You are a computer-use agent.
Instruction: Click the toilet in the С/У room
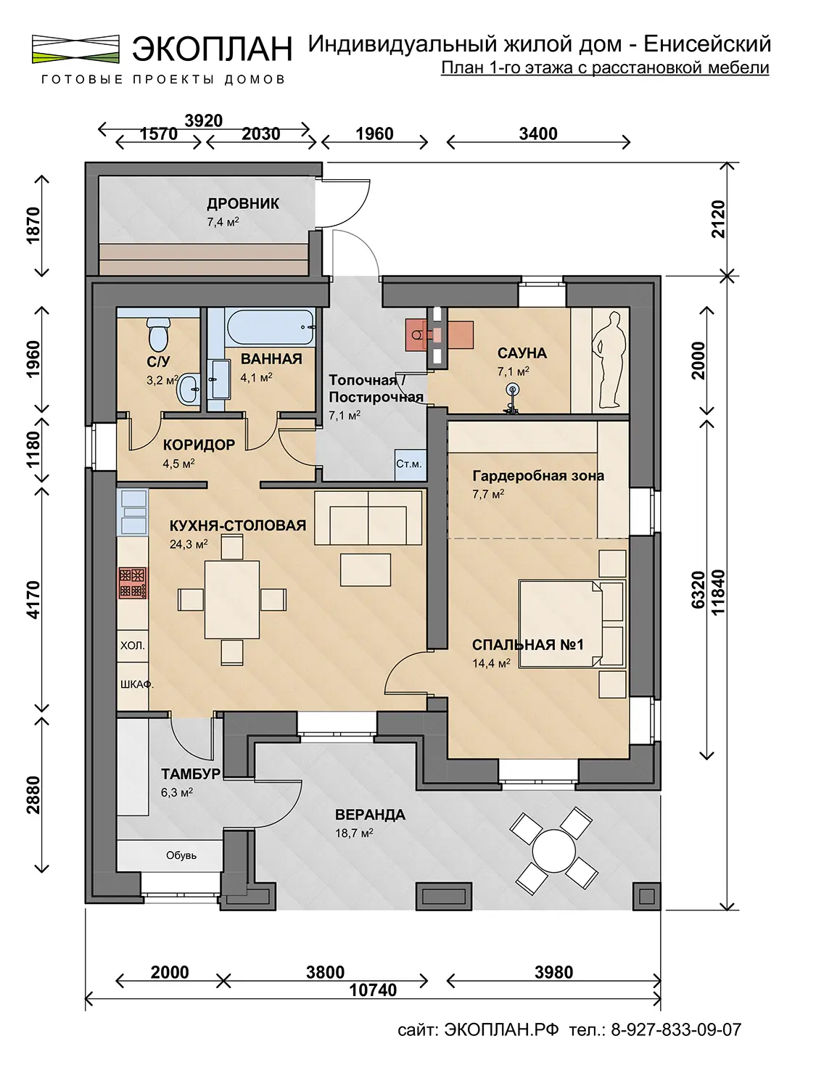159,332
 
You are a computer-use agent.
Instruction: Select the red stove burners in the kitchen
133,583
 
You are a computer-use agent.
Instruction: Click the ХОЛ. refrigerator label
133,645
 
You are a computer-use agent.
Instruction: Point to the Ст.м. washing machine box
410,464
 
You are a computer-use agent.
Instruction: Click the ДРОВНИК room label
243,203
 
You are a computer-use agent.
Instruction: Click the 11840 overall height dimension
718,593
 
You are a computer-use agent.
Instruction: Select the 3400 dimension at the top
538,133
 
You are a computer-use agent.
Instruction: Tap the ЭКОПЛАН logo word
212,49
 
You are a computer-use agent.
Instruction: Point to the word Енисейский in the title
707,45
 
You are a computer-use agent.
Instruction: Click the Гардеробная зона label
538,476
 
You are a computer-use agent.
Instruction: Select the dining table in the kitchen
231,600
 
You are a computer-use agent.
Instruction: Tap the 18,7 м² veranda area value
354,833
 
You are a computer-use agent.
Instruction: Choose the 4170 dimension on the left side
33,600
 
